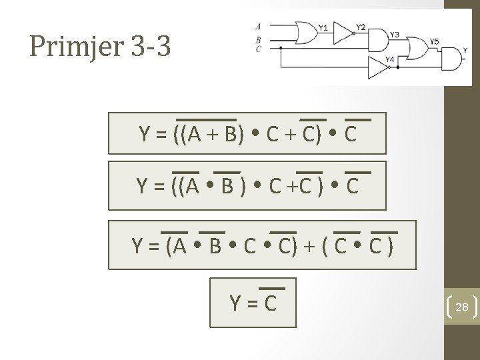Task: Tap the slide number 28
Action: point(461,307)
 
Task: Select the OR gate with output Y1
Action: point(307,33)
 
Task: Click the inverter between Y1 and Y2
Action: point(343,33)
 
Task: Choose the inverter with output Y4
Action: point(377,67)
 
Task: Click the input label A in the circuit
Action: point(258,27)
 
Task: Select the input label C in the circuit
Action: point(258,48)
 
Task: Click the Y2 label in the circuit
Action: point(360,27)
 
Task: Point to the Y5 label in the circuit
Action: point(434,41)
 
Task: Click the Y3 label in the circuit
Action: point(395,33)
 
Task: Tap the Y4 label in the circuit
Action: point(390,59)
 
